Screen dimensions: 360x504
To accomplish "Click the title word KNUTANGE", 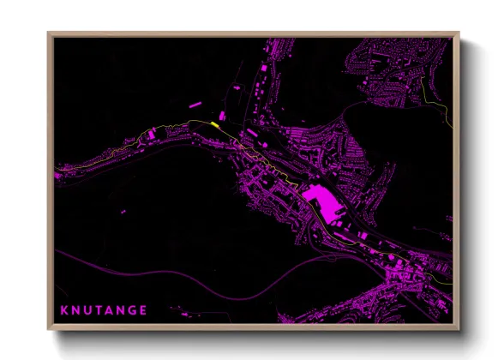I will point(104,309).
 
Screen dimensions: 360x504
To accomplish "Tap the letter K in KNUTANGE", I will point(63,309).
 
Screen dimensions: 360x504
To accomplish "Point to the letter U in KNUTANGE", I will point(87,309).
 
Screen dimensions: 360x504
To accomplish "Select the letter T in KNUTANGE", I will point(98,309).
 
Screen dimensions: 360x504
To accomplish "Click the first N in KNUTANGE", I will point(75,309).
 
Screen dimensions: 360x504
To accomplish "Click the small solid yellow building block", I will point(214,124).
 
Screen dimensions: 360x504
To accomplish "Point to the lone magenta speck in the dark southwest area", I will point(123,211).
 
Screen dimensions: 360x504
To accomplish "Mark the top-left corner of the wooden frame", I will point(49,33).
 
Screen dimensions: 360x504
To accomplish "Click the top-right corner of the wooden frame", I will point(459,33).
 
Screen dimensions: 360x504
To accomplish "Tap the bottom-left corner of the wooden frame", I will point(49,329).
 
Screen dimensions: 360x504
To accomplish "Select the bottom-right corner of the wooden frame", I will point(459,329).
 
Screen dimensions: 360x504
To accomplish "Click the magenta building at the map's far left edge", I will point(58,176).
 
